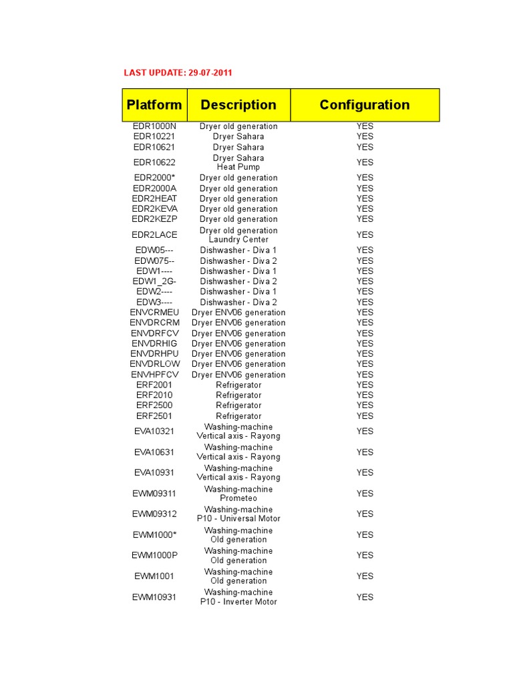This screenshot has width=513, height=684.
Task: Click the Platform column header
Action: point(154,105)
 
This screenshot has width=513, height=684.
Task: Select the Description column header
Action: point(238,105)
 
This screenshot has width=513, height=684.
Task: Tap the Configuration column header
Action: point(365,105)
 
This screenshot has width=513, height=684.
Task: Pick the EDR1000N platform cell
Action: point(154,126)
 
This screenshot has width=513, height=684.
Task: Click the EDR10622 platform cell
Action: point(154,162)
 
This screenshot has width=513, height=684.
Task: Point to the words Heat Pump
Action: point(238,167)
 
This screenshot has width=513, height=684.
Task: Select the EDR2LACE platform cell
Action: point(154,234)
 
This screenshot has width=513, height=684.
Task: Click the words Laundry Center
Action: point(238,240)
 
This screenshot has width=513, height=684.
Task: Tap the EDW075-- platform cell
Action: point(154,261)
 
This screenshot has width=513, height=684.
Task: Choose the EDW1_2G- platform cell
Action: point(154,281)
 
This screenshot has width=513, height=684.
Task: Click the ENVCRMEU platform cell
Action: point(154,313)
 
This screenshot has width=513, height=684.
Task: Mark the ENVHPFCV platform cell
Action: point(154,375)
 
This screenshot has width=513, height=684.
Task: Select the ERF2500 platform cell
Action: point(154,405)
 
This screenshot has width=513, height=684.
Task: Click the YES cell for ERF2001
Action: point(365,385)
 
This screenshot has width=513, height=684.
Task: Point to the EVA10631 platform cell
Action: point(154,452)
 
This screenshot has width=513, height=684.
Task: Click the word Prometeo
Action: point(238,498)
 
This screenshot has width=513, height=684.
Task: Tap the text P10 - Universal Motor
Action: point(238,519)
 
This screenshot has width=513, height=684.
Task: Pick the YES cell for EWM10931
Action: point(365,597)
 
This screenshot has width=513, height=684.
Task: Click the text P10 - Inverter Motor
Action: point(238,602)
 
